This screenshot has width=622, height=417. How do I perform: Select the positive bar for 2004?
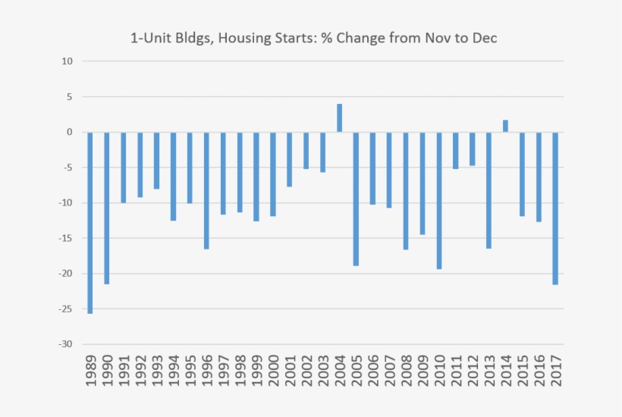pyautogui.click(x=340, y=118)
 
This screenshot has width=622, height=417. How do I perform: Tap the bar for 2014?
pyautogui.click(x=506, y=126)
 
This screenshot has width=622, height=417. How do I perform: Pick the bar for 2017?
pyautogui.click(x=556, y=208)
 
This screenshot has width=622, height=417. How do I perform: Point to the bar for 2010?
pyautogui.click(x=439, y=200)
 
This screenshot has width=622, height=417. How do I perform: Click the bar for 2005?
pyautogui.click(x=356, y=199)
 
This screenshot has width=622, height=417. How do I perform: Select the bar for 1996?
pyautogui.click(x=206, y=190)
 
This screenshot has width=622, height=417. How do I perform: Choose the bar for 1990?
pyautogui.click(x=107, y=208)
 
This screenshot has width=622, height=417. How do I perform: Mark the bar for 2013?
pyautogui.click(x=489, y=190)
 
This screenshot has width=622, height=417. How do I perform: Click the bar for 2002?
pyautogui.click(x=306, y=150)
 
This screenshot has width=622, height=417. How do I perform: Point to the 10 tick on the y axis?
pyautogui.click(x=68, y=61)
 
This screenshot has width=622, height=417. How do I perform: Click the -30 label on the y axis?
pyautogui.click(x=65, y=344)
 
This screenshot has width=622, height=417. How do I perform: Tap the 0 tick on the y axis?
pyautogui.click(x=70, y=132)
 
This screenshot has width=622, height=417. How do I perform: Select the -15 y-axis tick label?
pyautogui.click(x=65, y=238)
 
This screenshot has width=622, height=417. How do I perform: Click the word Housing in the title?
pyautogui.click(x=244, y=37)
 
